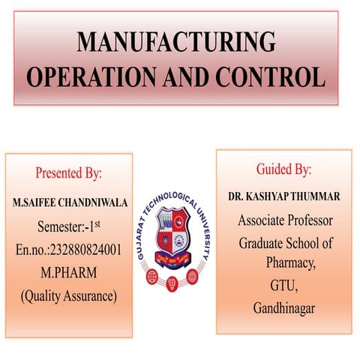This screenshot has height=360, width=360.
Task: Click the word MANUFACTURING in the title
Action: coord(175,42)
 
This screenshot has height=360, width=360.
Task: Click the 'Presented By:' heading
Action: coord(69,173)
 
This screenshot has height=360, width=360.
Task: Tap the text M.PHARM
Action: coord(67,272)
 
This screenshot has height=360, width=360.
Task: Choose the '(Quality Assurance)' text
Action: coord(68,295)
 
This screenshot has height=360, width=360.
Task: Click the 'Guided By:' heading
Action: coord(283,169)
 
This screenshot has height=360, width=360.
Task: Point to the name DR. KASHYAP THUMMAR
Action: coord(284,196)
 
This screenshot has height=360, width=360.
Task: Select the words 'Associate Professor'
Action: coord(284,220)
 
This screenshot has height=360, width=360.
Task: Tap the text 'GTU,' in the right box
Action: coord(283,285)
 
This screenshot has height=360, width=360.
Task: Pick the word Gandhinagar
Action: coord(284,307)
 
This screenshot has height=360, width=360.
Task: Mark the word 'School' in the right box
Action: coord(308,244)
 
